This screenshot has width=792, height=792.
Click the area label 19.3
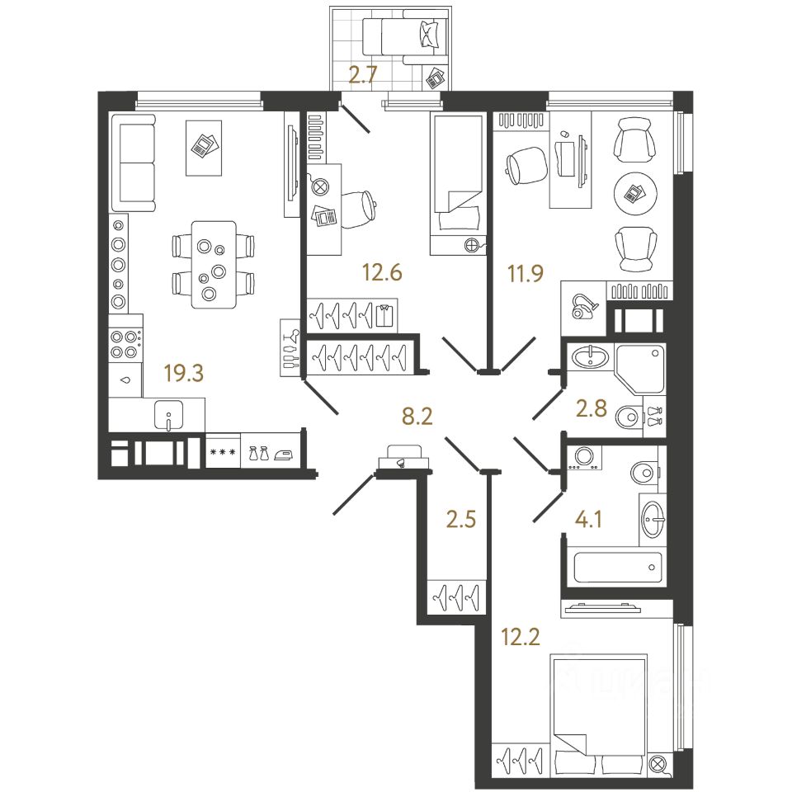183,374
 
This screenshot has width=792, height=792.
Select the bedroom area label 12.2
521,635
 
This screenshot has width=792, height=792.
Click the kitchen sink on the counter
169,415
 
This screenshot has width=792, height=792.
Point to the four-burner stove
125,343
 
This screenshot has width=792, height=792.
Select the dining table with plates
213,264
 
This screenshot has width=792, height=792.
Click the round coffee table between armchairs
635,194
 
